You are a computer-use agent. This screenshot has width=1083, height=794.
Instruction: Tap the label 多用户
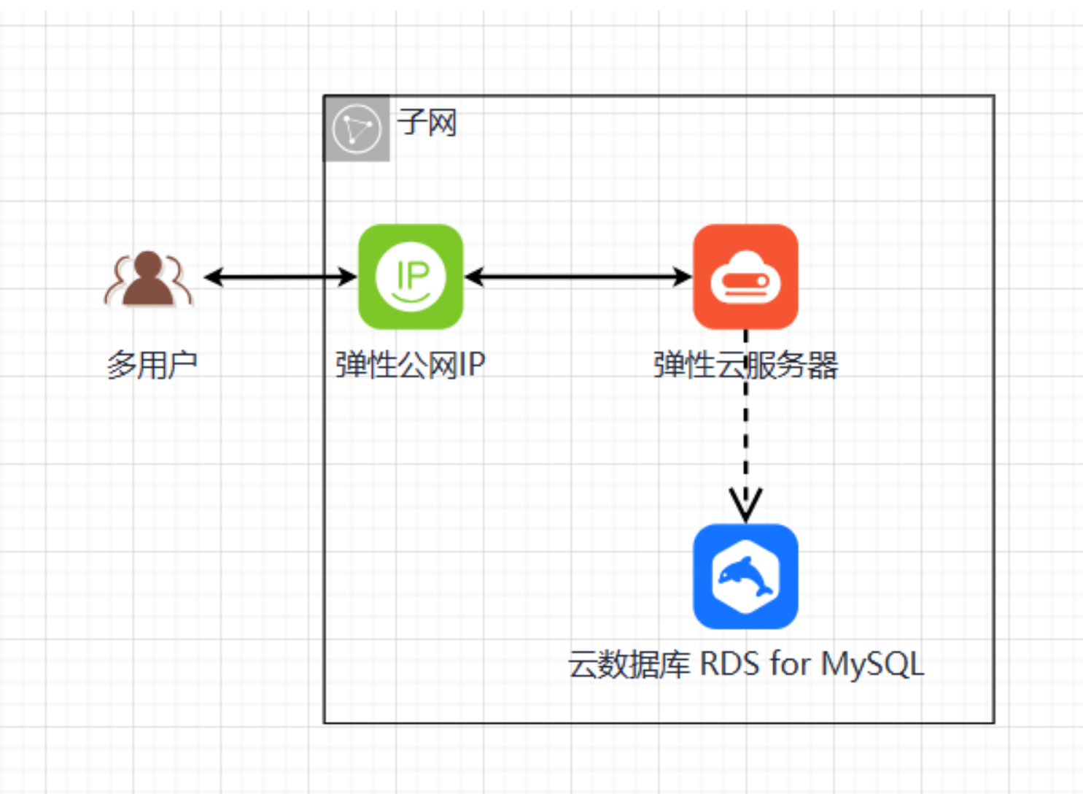152,364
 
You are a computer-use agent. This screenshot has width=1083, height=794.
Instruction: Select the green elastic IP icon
411,277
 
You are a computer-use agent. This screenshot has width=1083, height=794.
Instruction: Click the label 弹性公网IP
410,364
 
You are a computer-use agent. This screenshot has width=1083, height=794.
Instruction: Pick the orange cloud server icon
745,277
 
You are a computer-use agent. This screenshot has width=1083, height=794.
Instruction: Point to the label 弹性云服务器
745,364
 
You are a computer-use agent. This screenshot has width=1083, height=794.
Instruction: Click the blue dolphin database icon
745,576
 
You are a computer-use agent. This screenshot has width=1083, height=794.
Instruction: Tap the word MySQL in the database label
872,664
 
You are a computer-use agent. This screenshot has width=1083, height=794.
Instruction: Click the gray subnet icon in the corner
357,128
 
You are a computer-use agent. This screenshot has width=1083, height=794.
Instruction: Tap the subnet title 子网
427,123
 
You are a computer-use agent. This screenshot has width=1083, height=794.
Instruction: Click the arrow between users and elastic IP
281,277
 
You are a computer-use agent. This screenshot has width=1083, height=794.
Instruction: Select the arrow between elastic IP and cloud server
578,277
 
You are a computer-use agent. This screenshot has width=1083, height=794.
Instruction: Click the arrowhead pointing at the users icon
212,277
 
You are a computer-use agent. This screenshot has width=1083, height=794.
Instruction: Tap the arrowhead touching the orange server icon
683,277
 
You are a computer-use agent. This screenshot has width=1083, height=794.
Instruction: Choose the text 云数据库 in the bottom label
629,664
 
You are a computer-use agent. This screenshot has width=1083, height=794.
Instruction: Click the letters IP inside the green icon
412,275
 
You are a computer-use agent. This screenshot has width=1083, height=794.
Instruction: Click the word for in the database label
790,664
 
